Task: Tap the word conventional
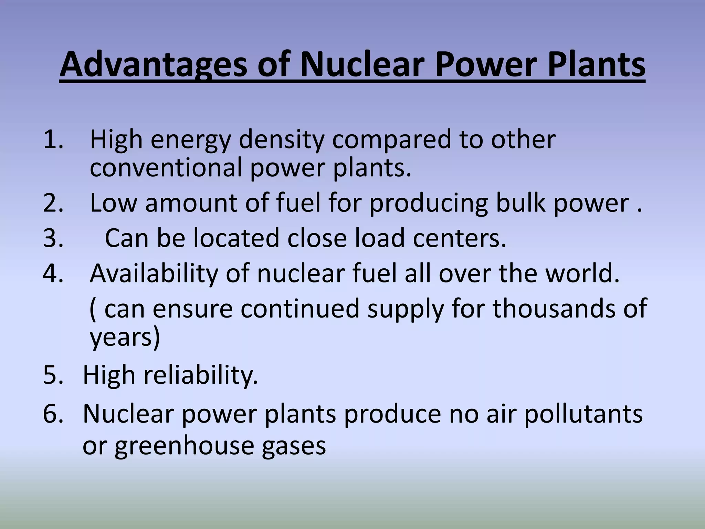coord(166,168)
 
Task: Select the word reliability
coord(200,375)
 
